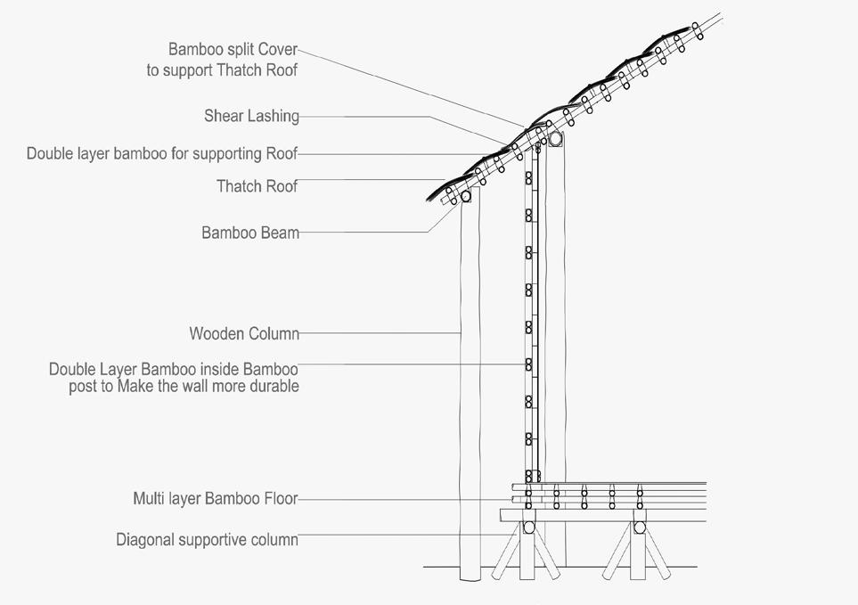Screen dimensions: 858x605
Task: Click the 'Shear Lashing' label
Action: [x=251, y=116]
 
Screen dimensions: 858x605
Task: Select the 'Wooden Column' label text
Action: [x=244, y=334]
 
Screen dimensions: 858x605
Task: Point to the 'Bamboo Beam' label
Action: [x=250, y=233]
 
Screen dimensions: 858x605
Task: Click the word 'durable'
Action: [x=272, y=387]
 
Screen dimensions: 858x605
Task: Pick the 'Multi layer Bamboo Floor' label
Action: [x=215, y=499]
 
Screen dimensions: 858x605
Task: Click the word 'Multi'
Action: [x=150, y=499]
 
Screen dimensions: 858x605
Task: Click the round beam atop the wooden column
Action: [x=465, y=195]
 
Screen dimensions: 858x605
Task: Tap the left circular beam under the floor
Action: [x=529, y=527]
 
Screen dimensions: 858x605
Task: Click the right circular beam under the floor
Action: [x=639, y=527]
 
